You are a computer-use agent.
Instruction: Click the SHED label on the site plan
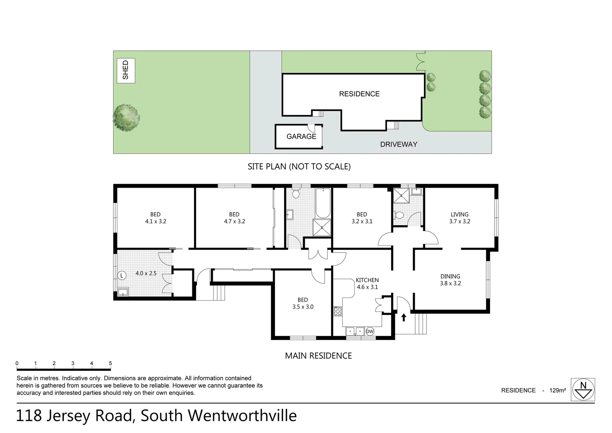(126, 70)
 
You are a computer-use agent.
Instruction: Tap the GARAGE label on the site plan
(301, 137)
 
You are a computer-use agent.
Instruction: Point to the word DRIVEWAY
(398, 144)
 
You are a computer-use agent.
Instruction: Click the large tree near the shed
(127, 118)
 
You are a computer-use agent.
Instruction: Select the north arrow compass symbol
(583, 389)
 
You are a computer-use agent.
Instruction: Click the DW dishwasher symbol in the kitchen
(370, 332)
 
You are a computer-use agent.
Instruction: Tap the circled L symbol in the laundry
(122, 275)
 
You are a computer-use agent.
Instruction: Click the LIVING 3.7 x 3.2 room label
(459, 218)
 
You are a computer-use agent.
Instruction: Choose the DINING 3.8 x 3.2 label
(450, 280)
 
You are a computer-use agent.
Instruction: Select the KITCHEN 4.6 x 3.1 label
(367, 283)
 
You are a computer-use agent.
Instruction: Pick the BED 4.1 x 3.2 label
(156, 218)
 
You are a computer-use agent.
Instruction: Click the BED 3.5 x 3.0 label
(303, 303)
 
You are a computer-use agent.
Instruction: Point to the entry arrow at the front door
(404, 318)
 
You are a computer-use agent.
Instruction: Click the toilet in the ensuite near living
(399, 215)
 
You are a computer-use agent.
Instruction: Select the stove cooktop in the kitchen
(337, 311)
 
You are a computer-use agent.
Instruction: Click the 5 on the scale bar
(110, 364)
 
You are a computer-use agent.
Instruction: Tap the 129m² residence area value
(557, 390)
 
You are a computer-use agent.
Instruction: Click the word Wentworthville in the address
(242, 416)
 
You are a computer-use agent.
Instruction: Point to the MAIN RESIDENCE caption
(318, 356)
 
